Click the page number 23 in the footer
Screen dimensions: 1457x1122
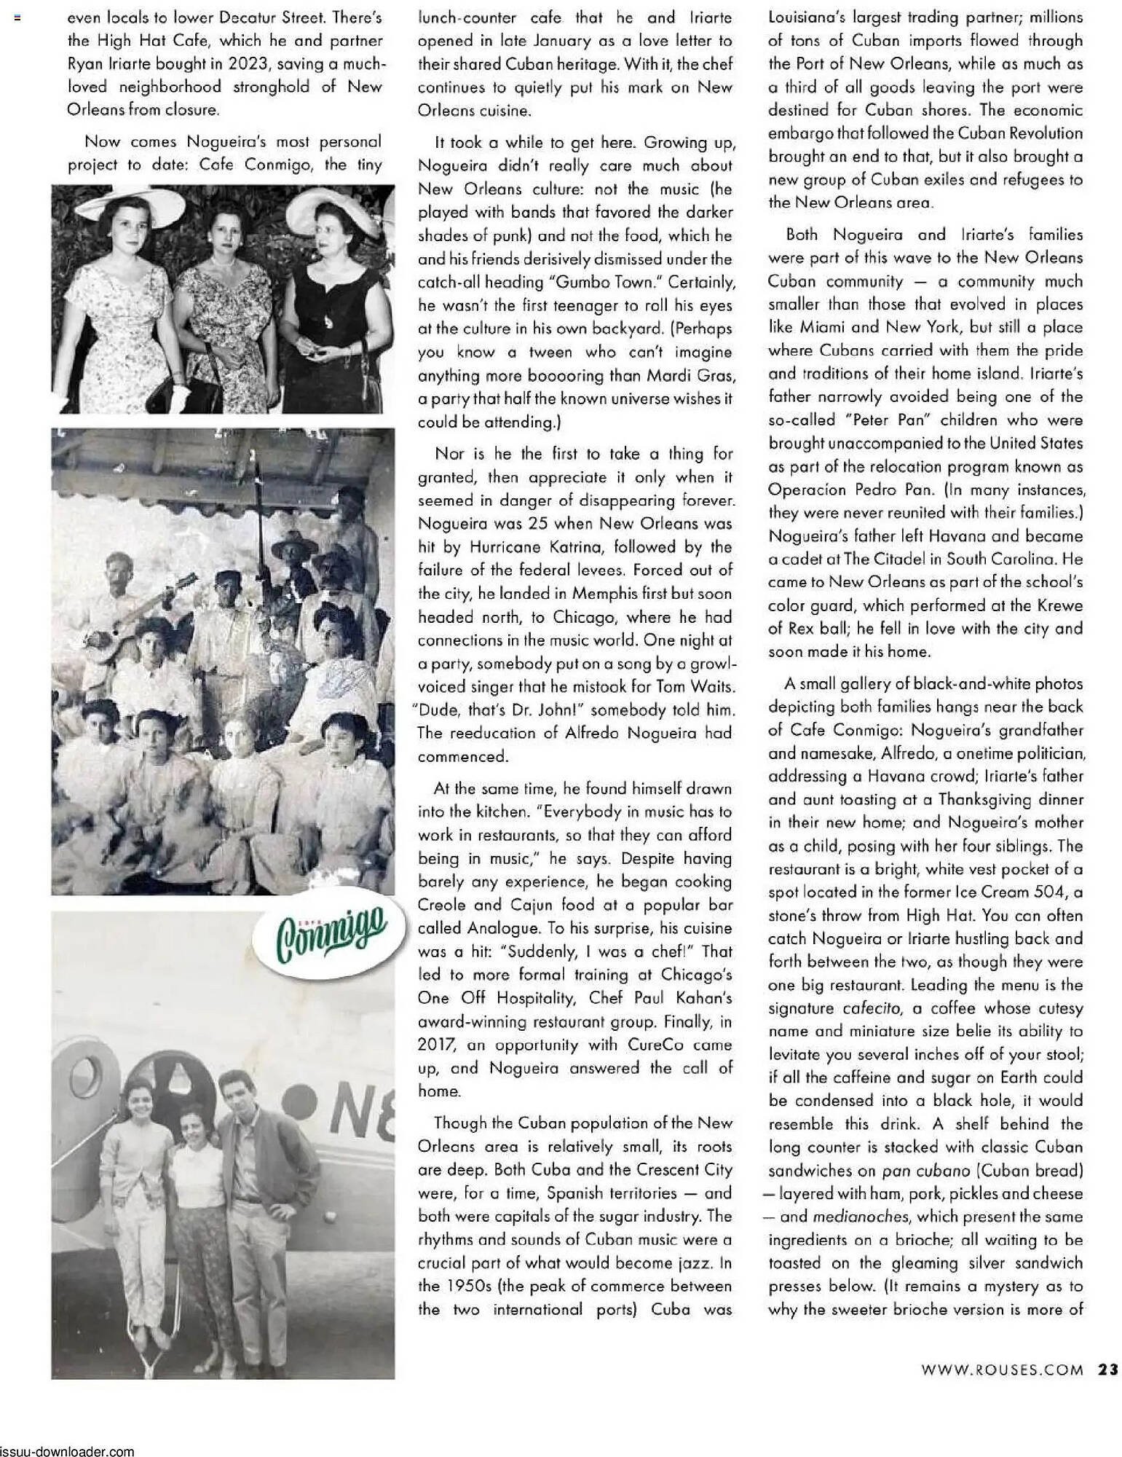1107,1369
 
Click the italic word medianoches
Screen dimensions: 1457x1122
856,1217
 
